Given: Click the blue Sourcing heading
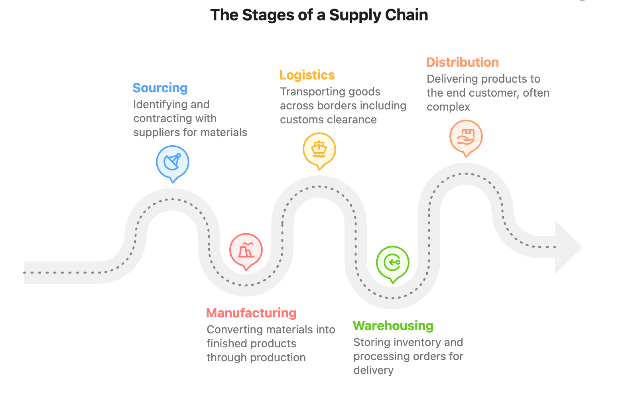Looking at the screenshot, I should (x=160, y=88).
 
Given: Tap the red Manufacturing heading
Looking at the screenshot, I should (x=251, y=313).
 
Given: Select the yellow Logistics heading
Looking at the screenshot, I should (x=307, y=75).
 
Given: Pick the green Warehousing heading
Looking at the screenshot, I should (x=393, y=326).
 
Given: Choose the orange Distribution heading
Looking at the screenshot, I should (x=462, y=62).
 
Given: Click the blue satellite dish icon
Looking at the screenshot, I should (x=172, y=162).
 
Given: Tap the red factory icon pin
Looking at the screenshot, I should (x=246, y=250).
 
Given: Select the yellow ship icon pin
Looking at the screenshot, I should (x=319, y=149).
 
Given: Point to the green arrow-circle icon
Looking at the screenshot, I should (x=392, y=262).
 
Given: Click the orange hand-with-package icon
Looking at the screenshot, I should (x=466, y=136).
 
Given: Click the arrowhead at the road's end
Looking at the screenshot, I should (x=568, y=247).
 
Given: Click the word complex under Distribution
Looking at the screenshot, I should (x=448, y=107).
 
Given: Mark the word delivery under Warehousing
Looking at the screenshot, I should (x=373, y=370).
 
